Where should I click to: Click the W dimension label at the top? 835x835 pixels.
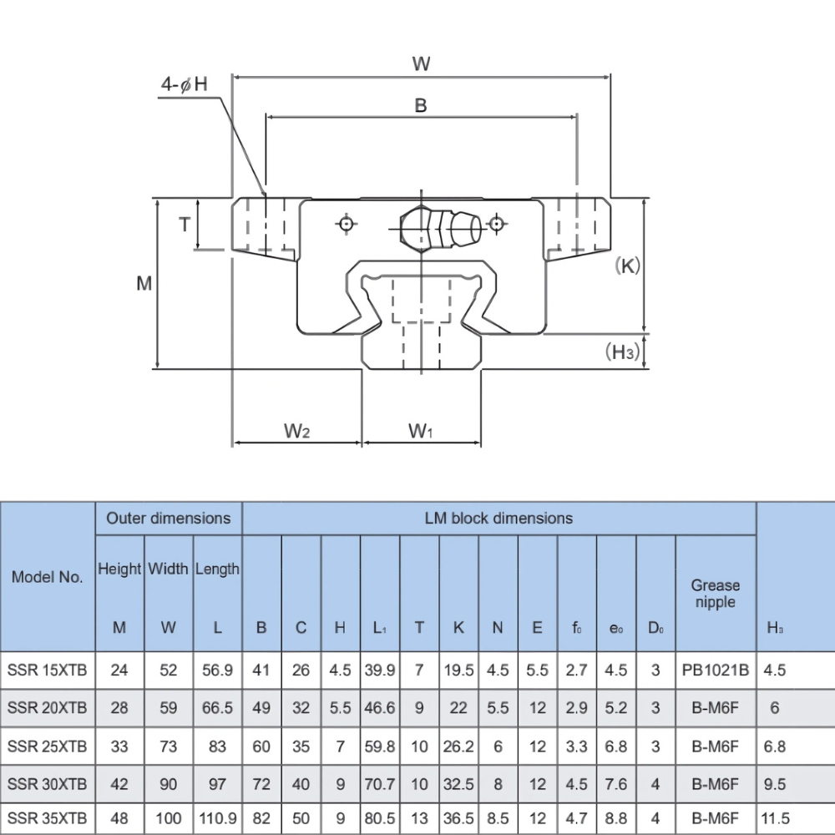pos(421,63)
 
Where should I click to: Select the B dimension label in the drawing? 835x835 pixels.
pos(421,104)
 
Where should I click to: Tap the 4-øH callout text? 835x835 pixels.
pos(184,84)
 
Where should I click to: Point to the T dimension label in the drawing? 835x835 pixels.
pos(185,224)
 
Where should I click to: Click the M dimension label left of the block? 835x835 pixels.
pos(144,284)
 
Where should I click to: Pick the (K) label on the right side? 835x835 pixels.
pos(626,266)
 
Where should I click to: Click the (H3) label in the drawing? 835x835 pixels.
pos(622,352)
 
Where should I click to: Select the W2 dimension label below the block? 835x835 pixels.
pos(296,431)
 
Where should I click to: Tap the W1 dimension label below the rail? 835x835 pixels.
pos(421,431)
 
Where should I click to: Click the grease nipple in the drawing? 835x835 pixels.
pos(440,225)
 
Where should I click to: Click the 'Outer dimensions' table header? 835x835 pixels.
pos(168,518)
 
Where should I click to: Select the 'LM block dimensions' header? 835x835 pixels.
pos(498,518)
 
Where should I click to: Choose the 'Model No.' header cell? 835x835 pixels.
pos(48,577)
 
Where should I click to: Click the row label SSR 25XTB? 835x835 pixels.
pos(48,746)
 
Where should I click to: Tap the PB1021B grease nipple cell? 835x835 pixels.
pos(715,669)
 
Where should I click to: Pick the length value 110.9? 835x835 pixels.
pos(217,818)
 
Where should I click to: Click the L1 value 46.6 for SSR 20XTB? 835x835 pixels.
pos(380,708)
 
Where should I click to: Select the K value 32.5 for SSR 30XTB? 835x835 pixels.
pos(458,784)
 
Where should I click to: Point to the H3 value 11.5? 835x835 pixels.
pos(774,818)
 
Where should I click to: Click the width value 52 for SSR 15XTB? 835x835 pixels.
pos(169,669)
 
